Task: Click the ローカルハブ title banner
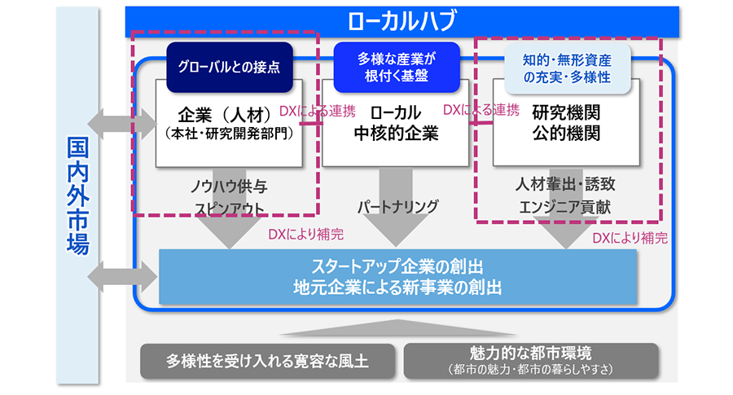pos(402,20)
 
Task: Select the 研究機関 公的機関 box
pos(567,122)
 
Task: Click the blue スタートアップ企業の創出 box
pos(397,276)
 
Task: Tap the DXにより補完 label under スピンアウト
pos(305,235)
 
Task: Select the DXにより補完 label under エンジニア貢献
pos(630,239)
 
